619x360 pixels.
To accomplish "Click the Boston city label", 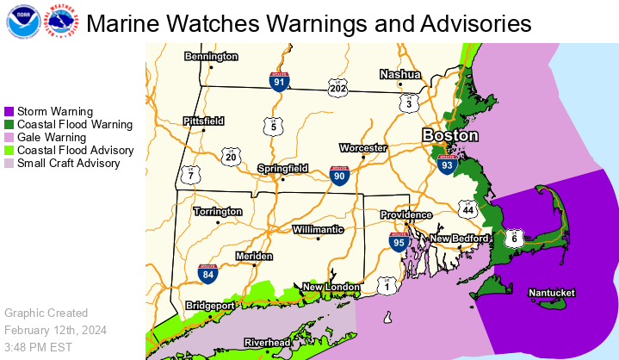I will (x=449, y=135).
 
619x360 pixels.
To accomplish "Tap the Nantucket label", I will (x=551, y=293).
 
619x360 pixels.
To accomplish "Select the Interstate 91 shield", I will (x=278, y=81).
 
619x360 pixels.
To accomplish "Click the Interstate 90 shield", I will (x=339, y=176).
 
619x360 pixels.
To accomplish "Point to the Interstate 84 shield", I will (x=207, y=274).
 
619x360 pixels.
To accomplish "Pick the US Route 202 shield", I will (x=337, y=87).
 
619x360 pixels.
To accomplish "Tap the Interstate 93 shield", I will (x=446, y=164).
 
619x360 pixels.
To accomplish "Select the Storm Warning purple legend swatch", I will (x=9, y=112).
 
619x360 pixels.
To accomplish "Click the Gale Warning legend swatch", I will (x=9, y=137).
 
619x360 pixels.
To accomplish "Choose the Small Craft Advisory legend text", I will (x=68, y=163).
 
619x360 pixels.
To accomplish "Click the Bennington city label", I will (x=211, y=57).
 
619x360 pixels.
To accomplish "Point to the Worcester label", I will (x=362, y=148).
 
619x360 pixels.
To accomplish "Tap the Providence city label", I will (x=406, y=214).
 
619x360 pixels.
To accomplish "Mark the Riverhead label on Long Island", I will (x=266, y=343).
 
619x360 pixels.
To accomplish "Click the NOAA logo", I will (x=22, y=22).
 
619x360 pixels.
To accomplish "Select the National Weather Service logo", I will (x=59, y=22).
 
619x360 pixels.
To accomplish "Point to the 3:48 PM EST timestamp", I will (x=37, y=346).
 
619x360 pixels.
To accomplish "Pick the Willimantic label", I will (x=318, y=230).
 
